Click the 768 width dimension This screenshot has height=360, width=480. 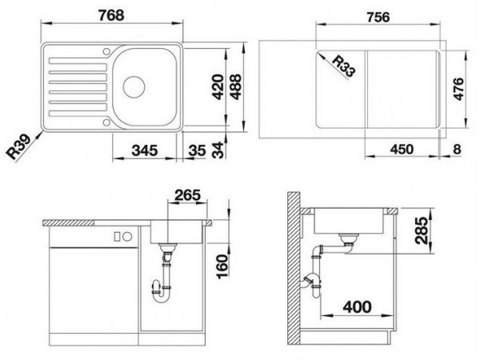pos(111,15)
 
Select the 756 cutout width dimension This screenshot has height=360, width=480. pos(378,17)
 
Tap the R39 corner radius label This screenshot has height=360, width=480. pos(19,147)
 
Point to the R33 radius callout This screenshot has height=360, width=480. pos(344,66)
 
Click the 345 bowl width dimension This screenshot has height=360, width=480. pos(145,150)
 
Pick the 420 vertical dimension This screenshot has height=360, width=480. pos(218,87)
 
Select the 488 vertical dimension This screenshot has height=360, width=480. pos(236,87)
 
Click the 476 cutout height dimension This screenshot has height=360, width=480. pos(458,89)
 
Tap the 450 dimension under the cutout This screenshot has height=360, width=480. pos(402,150)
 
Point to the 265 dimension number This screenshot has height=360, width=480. pos(188,195)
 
